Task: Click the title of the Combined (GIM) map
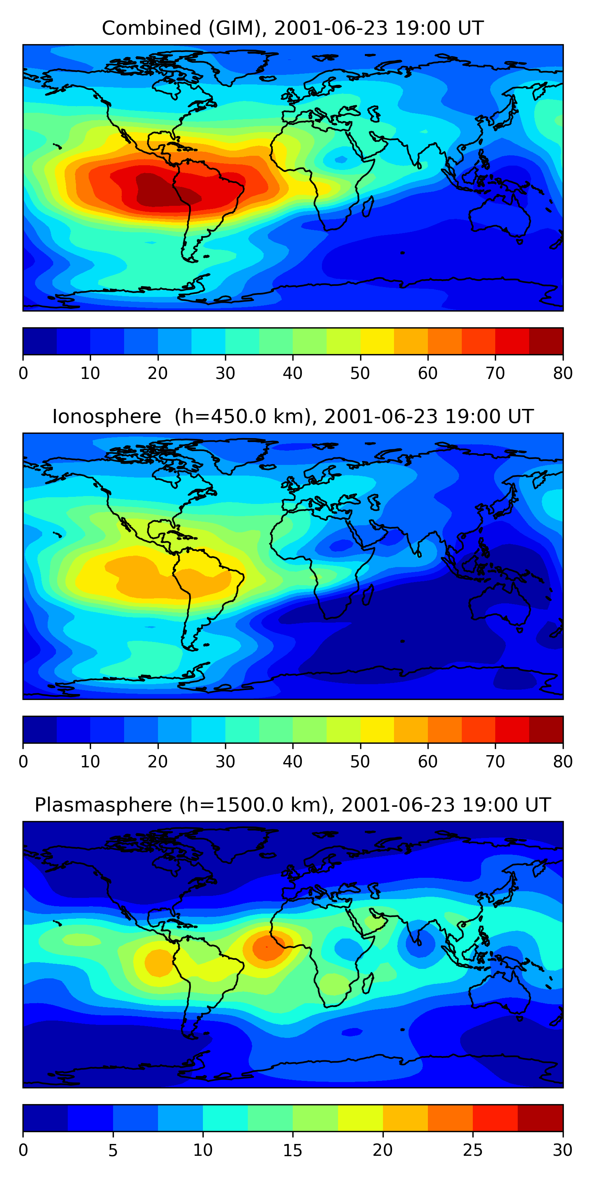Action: (x=292, y=28)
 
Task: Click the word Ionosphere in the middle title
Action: (x=106, y=416)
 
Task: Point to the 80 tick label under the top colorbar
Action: (x=563, y=373)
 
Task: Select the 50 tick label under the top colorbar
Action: (x=360, y=373)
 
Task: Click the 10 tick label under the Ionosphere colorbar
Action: (x=90, y=762)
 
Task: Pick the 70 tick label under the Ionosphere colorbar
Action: (x=495, y=762)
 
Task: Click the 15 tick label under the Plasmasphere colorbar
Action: (x=292, y=1150)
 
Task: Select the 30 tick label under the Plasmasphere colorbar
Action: (x=563, y=1150)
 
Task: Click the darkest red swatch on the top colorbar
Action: (x=546, y=341)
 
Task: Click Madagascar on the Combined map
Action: (x=368, y=206)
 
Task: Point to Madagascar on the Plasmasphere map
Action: (x=368, y=983)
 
